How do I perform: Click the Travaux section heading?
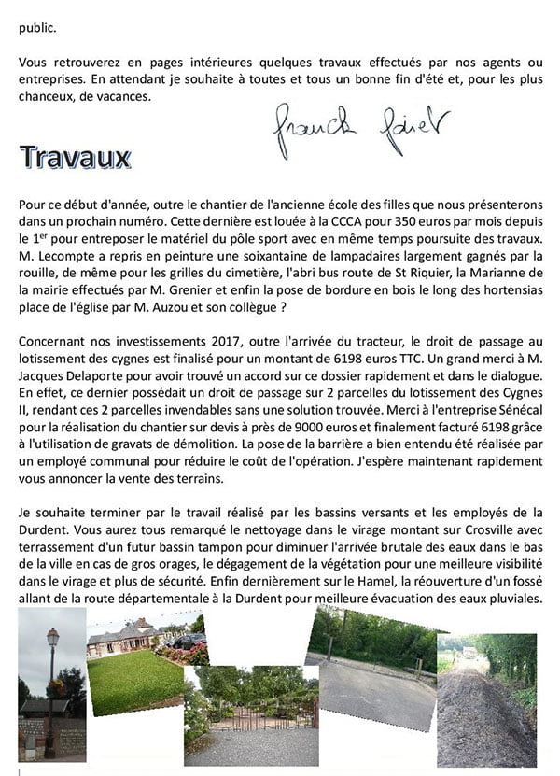pos(75,157)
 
